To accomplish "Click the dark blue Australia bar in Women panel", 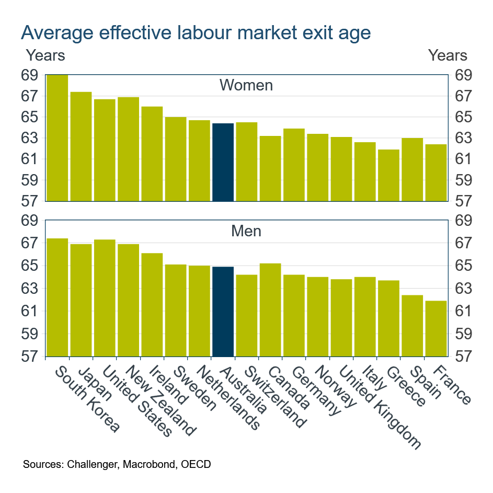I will click(x=223, y=162).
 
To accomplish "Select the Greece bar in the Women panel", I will click(x=388, y=175).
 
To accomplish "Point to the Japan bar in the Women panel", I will click(x=81, y=146).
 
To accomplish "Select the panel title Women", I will click(x=246, y=85).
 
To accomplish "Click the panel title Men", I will click(x=246, y=231).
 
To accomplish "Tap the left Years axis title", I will click(x=45, y=55).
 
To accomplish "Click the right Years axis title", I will click(x=448, y=55).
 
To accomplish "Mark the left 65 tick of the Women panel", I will click(x=30, y=117).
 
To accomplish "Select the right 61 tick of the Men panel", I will click(x=463, y=311).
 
